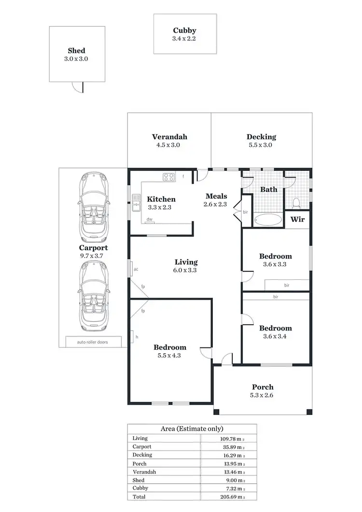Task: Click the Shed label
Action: coord(76,51)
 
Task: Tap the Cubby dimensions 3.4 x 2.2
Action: coord(184,39)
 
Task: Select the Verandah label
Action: coord(169,137)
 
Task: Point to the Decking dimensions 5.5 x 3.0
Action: coord(261,145)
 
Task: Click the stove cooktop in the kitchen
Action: coord(168,177)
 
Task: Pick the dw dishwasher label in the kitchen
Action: coord(150,219)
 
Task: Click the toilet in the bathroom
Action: coord(297,202)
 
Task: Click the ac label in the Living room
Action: coord(136,269)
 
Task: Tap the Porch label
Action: coord(263,387)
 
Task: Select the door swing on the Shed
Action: coord(77,86)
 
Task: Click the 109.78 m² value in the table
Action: coord(229,438)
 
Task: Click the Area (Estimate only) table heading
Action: coord(192,429)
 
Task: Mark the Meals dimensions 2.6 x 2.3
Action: coord(215,204)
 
